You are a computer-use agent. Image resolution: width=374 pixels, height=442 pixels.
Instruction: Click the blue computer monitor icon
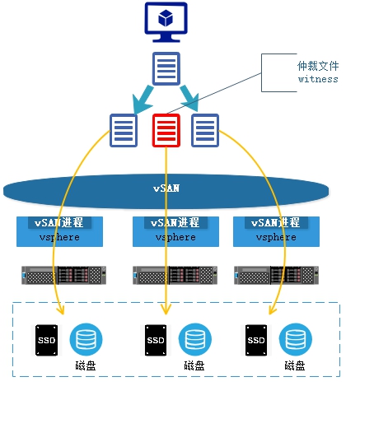click(166, 22)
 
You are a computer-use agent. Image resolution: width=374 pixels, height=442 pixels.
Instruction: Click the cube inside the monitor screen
click(166, 18)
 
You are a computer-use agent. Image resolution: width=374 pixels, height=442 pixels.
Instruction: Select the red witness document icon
click(166, 130)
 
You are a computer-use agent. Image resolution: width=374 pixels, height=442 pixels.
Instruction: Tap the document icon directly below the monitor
click(166, 68)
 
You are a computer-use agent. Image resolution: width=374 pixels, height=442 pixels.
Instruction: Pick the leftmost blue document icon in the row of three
click(124, 130)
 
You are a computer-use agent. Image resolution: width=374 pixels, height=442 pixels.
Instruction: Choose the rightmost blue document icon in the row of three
click(205, 130)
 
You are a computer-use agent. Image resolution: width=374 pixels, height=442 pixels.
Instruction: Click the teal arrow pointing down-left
click(143, 100)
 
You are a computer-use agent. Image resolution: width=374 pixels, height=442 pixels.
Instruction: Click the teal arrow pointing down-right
click(189, 98)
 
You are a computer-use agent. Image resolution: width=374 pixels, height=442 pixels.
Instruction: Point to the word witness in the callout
click(318, 79)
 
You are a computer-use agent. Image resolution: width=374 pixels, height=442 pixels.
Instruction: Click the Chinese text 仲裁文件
click(318, 66)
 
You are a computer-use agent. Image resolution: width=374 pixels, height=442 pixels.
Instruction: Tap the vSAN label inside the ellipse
click(166, 188)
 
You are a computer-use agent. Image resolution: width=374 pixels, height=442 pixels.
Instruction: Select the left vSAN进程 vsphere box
click(59, 231)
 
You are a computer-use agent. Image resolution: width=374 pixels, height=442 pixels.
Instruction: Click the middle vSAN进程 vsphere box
click(175, 231)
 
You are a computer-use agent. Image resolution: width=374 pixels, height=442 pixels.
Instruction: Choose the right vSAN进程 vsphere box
click(276, 231)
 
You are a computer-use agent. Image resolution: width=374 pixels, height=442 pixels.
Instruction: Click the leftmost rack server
click(63, 275)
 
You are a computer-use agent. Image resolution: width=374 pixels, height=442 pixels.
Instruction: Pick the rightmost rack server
click(277, 275)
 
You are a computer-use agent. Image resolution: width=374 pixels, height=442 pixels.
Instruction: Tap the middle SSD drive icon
click(156, 340)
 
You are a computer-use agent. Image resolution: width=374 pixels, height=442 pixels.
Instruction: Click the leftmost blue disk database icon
click(86, 339)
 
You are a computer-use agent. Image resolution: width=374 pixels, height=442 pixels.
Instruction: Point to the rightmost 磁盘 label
click(295, 365)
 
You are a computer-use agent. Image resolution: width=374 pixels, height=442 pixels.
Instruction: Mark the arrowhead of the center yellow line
click(166, 312)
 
